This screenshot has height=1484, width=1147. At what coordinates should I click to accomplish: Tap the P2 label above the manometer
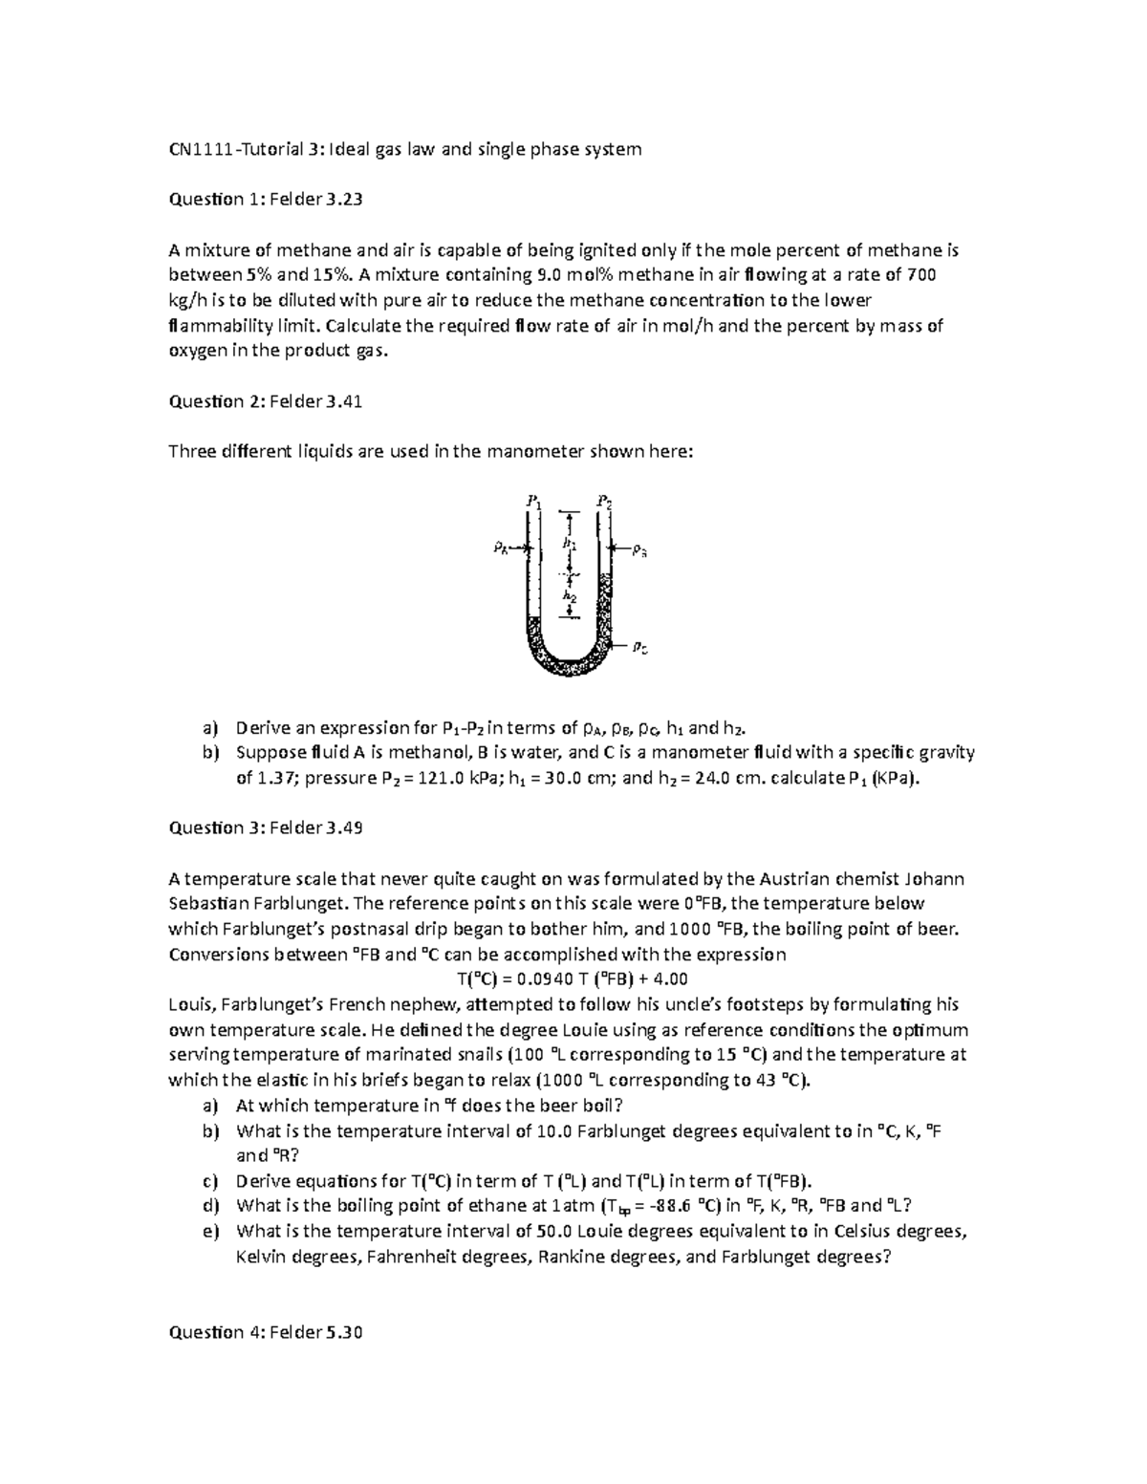click(604, 500)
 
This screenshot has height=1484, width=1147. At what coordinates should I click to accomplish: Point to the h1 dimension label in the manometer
click(569, 542)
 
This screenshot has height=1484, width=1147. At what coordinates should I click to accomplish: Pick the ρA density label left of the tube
click(501, 548)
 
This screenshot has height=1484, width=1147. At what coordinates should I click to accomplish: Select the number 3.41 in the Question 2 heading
click(343, 402)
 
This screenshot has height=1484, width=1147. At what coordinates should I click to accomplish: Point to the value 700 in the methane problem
click(920, 275)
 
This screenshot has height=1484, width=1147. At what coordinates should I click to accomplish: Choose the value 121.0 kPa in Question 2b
click(447, 778)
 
